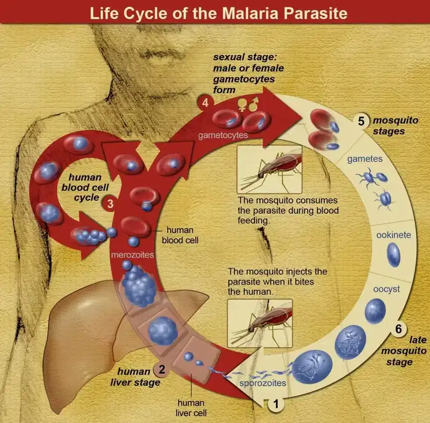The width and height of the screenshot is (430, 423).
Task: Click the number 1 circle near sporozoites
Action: click(275, 404)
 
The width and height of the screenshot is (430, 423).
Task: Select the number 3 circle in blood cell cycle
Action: click(110, 204)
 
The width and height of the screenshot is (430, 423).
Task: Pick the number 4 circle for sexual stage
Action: click(205, 103)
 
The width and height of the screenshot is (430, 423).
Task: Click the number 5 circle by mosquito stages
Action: click(362, 120)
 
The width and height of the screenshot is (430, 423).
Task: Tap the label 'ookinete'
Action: click(394, 235)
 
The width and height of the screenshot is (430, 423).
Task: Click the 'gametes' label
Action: click(365, 159)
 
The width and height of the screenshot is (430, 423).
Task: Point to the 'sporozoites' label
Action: click(262, 382)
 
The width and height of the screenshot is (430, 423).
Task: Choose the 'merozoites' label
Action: click(132, 255)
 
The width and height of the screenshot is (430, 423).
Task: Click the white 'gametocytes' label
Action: click(223, 135)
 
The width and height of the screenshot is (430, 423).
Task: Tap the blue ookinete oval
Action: click(394, 255)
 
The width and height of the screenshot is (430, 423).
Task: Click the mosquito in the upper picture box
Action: click(270, 169)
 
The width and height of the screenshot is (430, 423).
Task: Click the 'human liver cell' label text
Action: click(191, 408)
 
